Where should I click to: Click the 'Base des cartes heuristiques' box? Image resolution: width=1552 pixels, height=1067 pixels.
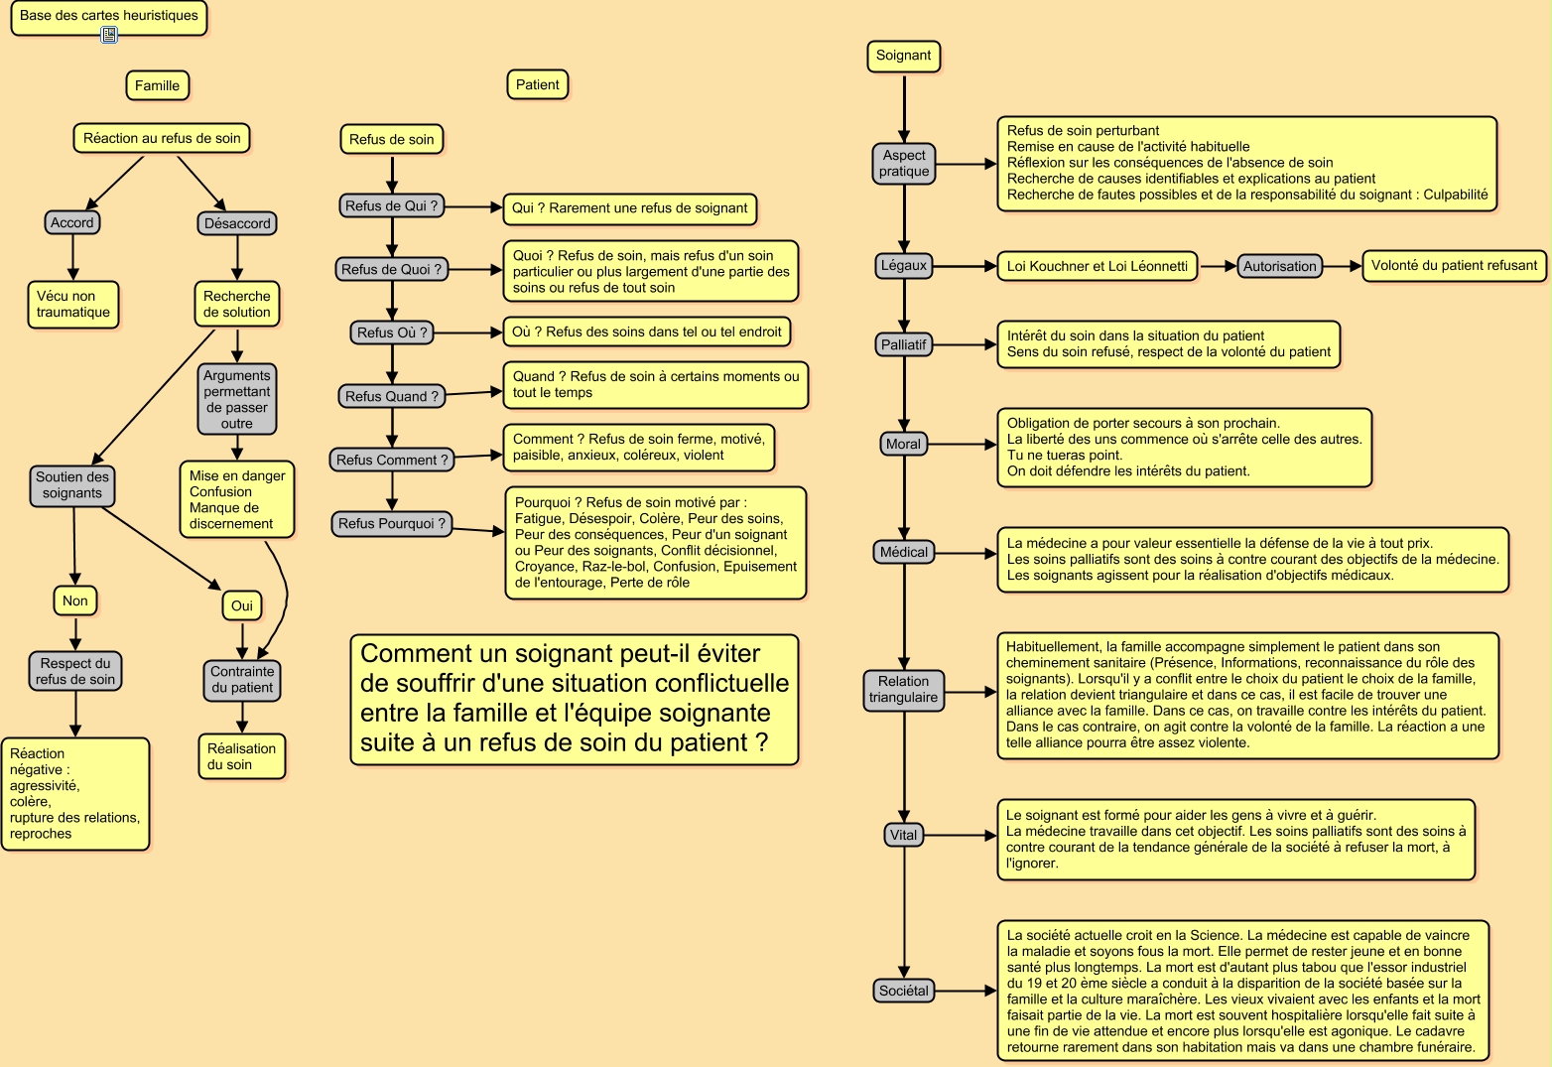coord(108,16)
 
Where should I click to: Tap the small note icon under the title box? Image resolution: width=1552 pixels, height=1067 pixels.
coord(109,35)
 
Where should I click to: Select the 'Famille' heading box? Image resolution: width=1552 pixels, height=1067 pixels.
coord(157,85)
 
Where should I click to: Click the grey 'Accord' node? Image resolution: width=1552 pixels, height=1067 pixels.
coord(72,222)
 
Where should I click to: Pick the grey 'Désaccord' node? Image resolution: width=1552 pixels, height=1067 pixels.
coord(237,223)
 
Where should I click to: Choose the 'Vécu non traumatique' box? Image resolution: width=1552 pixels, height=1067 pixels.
coord(73,304)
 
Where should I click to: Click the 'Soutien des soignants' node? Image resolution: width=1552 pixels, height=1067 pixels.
coord(72,484)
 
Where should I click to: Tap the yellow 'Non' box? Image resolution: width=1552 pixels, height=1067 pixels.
coord(75,600)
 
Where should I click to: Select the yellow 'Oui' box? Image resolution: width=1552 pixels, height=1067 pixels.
coord(242,605)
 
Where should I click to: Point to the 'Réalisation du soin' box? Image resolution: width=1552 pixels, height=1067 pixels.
coord(242,756)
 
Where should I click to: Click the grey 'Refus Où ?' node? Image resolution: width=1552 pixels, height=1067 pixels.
coord(392,333)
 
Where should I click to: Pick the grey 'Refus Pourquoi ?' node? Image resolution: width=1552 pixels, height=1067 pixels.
coord(392,523)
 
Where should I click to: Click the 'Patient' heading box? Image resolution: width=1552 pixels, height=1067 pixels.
coord(537,85)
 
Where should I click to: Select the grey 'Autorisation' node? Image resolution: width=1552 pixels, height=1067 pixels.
coord(1279,266)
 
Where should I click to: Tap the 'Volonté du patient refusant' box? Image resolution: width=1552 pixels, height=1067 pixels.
coord(1454,265)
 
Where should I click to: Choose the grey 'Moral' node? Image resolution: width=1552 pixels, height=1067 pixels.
coord(903,444)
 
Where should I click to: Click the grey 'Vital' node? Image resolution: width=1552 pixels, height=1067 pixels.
coord(903,835)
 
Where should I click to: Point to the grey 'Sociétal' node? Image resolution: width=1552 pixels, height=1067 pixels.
coord(903,991)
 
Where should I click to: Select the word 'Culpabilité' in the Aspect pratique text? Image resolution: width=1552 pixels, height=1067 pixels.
coord(1456,195)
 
